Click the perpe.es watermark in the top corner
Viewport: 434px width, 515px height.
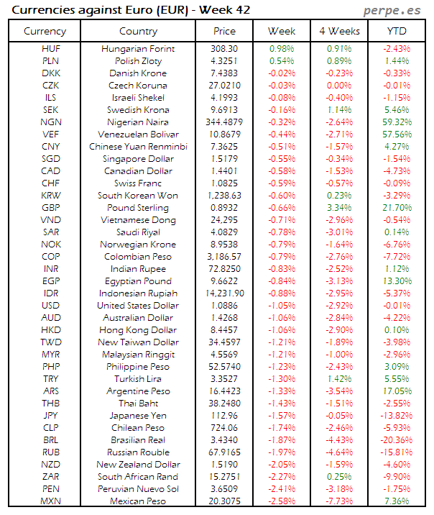[394, 11]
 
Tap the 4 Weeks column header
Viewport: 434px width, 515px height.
[339, 31]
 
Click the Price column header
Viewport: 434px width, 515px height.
[225, 31]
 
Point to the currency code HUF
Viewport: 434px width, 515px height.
[51, 49]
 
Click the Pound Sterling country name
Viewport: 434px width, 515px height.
[139, 208]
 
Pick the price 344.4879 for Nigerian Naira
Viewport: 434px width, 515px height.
[225, 122]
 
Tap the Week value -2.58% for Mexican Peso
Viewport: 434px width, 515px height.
[282, 501]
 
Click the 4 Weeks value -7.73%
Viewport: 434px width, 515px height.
[339, 501]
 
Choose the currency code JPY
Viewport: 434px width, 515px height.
[51, 416]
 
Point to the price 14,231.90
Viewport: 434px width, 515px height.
[225, 293]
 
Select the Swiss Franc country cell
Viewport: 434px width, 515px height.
[139, 183]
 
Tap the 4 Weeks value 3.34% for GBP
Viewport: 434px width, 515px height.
[339, 208]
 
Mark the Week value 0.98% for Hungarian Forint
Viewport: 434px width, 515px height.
[282, 49]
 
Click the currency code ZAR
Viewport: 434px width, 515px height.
[51, 477]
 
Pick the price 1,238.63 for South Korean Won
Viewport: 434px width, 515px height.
[225, 196]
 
